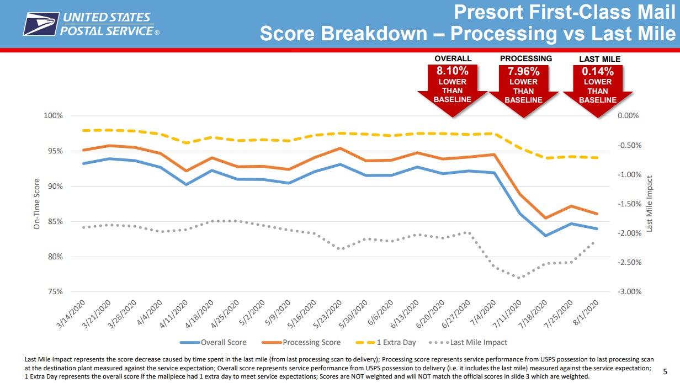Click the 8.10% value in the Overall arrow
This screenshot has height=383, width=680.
(452, 71)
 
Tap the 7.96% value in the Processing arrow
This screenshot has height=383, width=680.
(523, 71)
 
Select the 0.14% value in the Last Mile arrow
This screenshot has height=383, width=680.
(598, 71)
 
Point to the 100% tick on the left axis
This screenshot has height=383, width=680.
(54, 116)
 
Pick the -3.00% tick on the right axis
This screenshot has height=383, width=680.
(628, 292)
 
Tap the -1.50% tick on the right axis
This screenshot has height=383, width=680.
(628, 204)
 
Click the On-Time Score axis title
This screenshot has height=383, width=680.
(37, 204)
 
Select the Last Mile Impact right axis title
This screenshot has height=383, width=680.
(650, 204)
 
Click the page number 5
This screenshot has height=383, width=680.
(665, 373)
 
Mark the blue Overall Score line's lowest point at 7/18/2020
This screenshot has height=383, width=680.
(546, 236)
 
